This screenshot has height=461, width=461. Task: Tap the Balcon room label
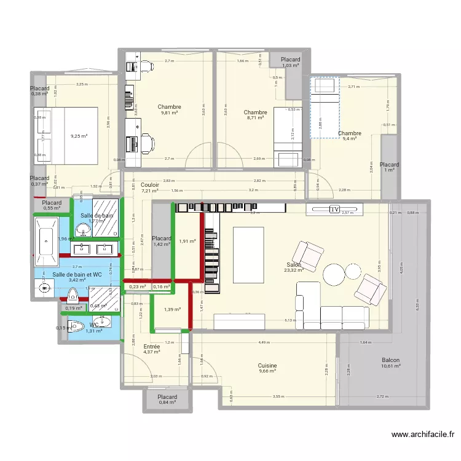[390, 360]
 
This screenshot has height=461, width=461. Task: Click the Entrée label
[151, 347]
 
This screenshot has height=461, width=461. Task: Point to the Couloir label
[150, 184]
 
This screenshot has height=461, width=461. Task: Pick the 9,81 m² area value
[169, 113]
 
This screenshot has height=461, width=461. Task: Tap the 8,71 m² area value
[255, 118]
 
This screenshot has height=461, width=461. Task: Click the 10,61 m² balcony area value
[390, 366]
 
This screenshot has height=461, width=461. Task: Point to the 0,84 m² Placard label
[167, 397]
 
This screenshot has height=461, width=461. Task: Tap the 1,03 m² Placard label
[290, 59]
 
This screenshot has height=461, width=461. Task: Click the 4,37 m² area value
[151, 352]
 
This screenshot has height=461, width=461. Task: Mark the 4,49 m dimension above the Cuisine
[264, 342]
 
